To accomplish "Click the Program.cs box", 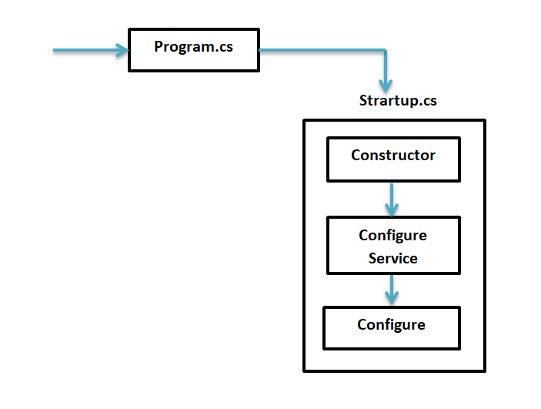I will point(193,50).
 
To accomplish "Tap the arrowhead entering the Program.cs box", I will point(122,51).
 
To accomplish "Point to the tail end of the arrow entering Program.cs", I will point(55,51).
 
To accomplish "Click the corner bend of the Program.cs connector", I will point(385,52).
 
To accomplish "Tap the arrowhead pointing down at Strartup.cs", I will point(386,84).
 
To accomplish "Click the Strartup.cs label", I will point(398,101).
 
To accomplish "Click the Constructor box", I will point(392,159).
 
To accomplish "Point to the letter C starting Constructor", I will point(356,156).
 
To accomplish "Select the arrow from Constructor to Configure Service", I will point(392,197).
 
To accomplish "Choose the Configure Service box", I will point(392,245).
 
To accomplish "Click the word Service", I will point(392,258).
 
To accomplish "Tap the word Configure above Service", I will point(392,235).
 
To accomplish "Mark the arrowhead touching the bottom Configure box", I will point(392,298).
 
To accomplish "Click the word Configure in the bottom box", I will point(391,325).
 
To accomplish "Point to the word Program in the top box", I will point(182,46).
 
